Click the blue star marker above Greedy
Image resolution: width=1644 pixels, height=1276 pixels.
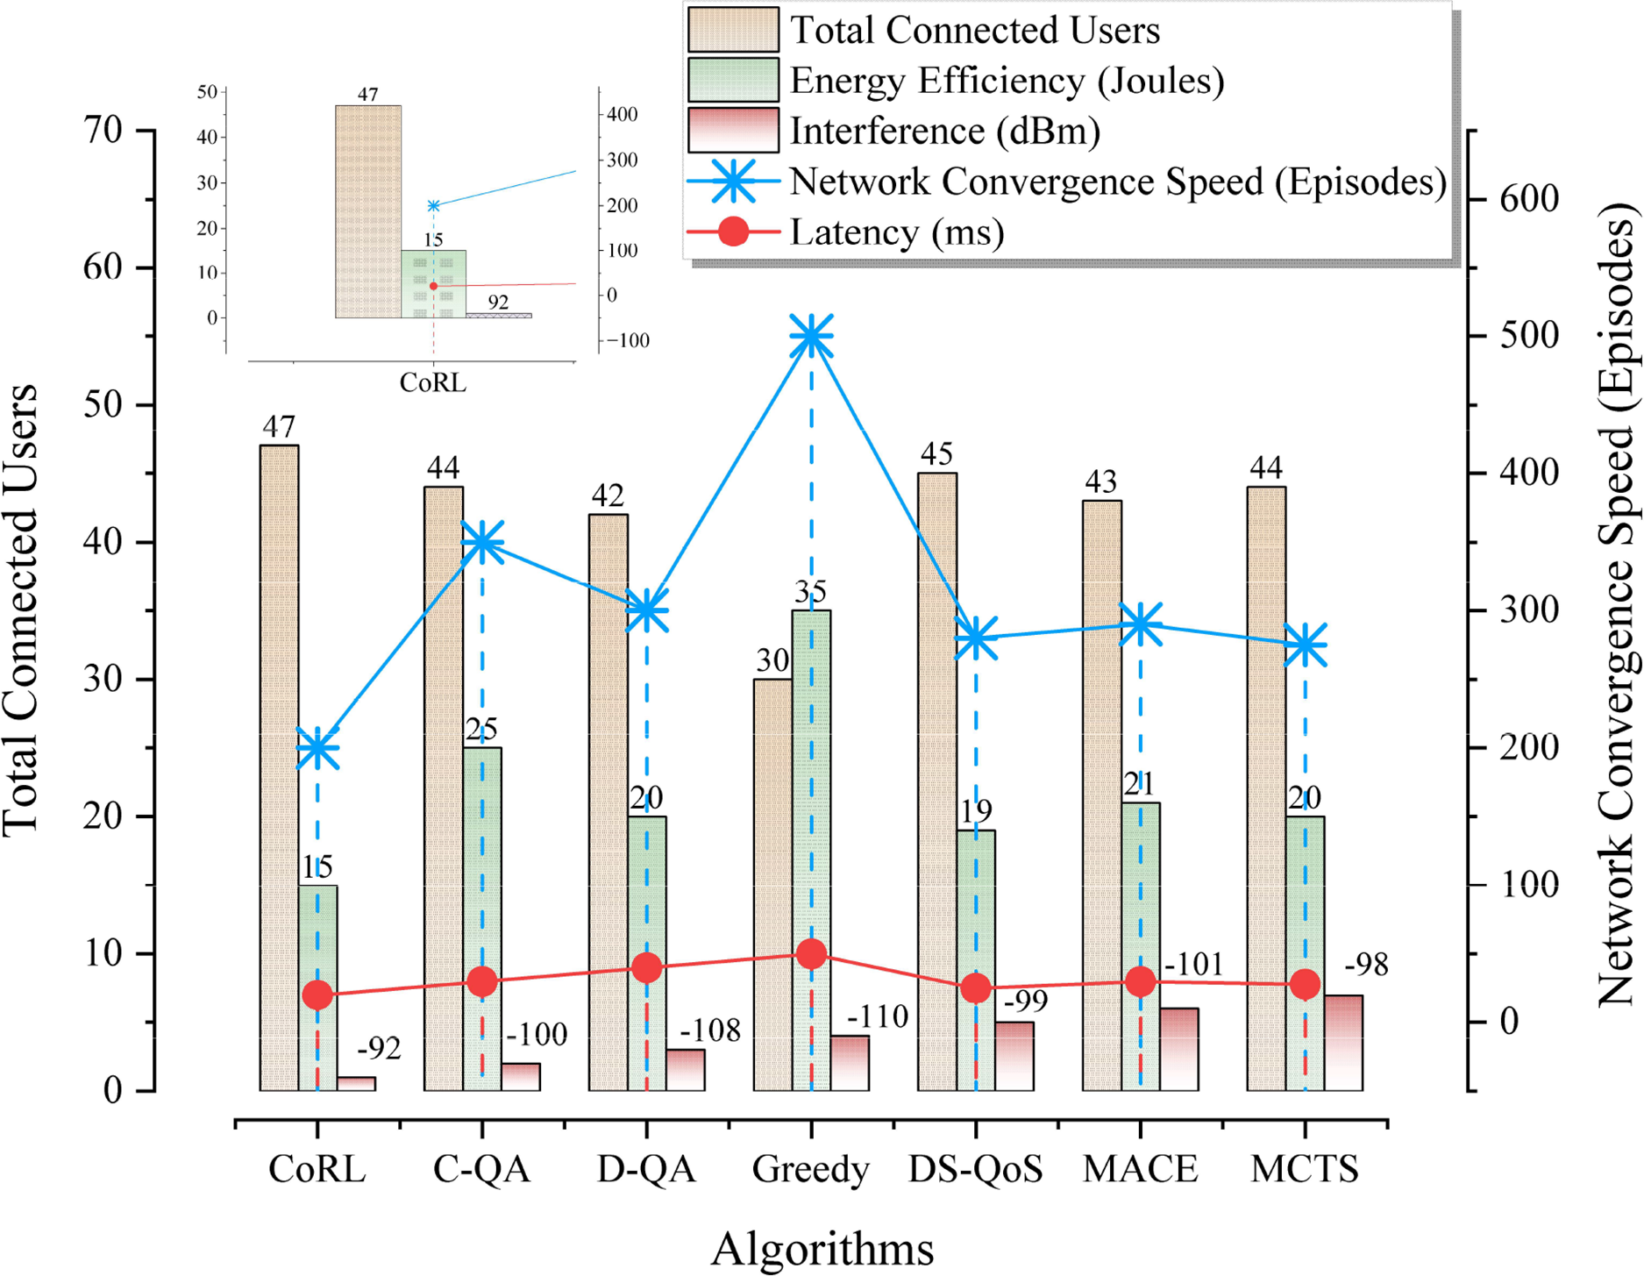[811, 337]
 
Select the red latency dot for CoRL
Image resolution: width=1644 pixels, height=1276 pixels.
[317, 994]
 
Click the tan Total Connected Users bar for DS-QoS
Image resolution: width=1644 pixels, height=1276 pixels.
[937, 781]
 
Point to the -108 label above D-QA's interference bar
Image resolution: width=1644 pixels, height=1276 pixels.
[709, 1030]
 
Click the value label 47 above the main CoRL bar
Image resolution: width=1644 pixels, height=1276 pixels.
[279, 427]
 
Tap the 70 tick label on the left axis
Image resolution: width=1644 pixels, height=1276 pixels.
[103, 131]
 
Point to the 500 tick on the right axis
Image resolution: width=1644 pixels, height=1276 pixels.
[1529, 336]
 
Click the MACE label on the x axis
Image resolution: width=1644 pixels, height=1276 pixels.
[1140, 1169]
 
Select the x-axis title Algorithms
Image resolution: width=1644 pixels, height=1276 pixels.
[822, 1249]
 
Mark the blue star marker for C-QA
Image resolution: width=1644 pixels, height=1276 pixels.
[482, 543]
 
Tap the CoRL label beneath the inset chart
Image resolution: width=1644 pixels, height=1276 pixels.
[432, 383]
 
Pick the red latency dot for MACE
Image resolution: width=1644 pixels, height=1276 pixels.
[1140, 981]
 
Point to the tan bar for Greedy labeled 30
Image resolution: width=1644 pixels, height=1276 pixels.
[772, 886]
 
